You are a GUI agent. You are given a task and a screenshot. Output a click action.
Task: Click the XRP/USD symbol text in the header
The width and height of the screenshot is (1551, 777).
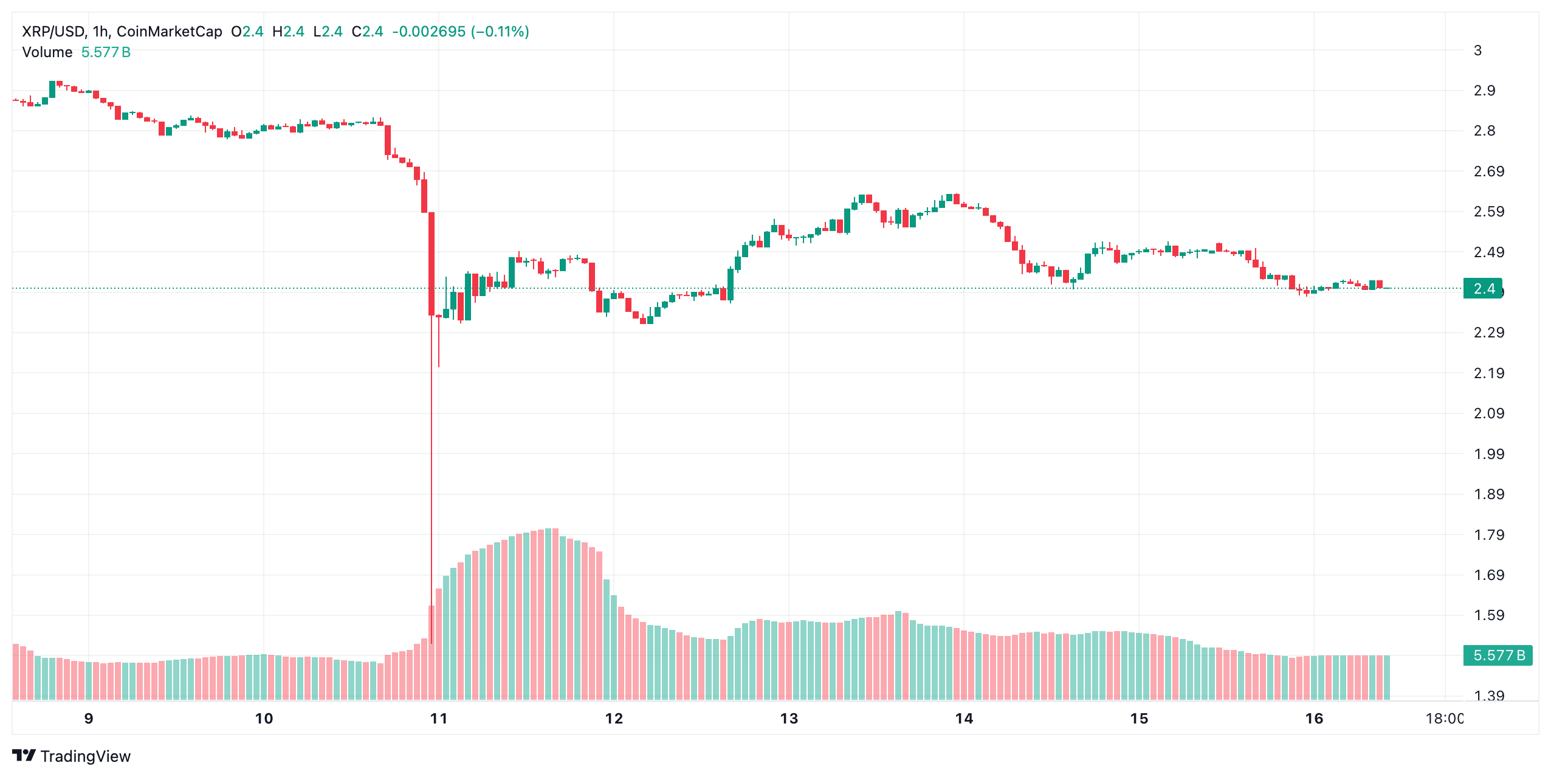click(x=53, y=32)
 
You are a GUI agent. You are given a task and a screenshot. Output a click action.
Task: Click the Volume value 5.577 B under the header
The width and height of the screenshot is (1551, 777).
click(x=106, y=52)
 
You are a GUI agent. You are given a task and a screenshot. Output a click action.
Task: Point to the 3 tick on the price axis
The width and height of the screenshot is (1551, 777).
click(x=1477, y=50)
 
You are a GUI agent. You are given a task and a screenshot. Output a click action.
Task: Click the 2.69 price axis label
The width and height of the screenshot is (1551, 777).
click(x=1488, y=171)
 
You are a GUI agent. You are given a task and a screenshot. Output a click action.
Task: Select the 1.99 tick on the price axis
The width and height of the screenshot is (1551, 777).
click(x=1488, y=454)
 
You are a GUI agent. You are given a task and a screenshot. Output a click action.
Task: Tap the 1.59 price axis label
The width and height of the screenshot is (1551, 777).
click(x=1488, y=615)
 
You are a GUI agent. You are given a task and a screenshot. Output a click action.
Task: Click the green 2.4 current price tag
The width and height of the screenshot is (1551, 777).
click(x=1483, y=289)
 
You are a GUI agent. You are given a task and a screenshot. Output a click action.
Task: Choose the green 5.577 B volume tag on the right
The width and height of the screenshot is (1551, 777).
click(x=1498, y=655)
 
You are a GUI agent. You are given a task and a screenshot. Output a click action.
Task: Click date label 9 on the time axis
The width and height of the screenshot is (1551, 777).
click(x=89, y=719)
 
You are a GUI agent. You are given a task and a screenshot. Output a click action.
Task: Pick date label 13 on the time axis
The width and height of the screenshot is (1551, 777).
click(x=789, y=719)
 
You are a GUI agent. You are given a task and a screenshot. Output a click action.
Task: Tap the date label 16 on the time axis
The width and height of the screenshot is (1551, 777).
click(x=1314, y=719)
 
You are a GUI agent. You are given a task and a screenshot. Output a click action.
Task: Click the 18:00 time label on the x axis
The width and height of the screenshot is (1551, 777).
click(x=1444, y=719)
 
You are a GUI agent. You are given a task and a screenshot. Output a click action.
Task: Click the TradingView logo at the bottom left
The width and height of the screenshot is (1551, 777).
click(x=72, y=756)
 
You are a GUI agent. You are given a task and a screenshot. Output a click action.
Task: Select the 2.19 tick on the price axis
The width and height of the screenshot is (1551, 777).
click(x=1488, y=373)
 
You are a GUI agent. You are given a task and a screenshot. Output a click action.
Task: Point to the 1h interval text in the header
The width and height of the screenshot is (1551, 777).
click(x=100, y=32)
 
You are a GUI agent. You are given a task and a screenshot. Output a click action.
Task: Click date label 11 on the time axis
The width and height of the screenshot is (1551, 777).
click(x=439, y=719)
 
